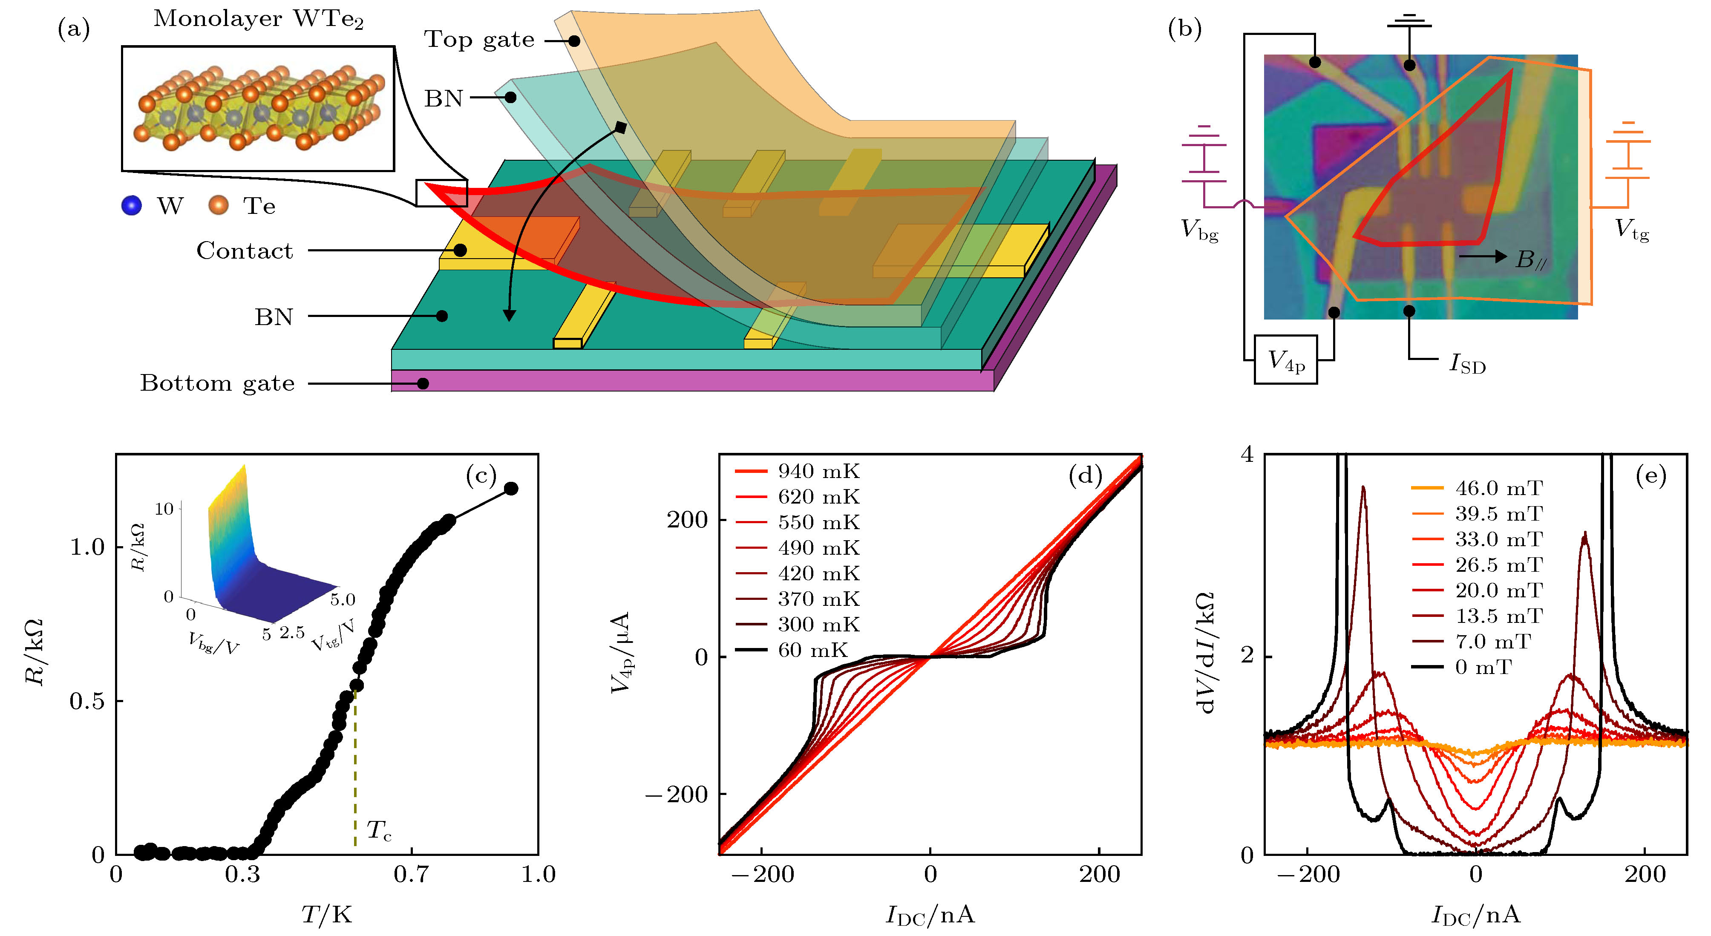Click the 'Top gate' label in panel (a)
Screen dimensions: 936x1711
coord(479,40)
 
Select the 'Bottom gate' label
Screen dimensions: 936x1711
coord(217,383)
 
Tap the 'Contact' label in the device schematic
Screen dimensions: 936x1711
coord(245,251)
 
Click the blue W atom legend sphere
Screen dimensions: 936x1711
coord(132,206)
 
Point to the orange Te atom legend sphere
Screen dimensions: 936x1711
coord(218,206)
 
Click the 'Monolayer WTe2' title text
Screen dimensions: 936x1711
coord(258,19)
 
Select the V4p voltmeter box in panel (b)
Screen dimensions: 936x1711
coord(1285,360)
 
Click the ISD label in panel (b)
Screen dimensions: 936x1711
coord(1466,364)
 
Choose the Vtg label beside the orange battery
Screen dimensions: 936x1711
coord(1631,230)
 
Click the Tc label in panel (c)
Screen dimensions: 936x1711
coord(379,830)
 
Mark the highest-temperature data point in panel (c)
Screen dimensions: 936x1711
coord(511,489)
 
